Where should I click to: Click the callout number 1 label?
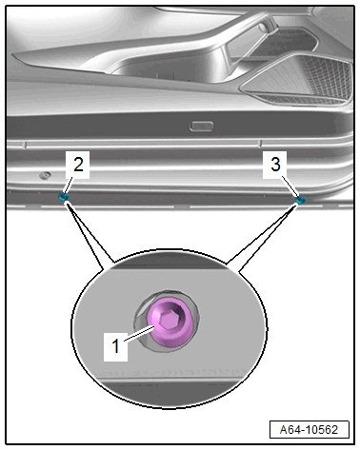(x=115, y=345)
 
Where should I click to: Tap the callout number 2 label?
(x=78, y=165)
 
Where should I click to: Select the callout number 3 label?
(x=275, y=165)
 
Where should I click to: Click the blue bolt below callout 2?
(x=64, y=197)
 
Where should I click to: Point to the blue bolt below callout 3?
(x=300, y=200)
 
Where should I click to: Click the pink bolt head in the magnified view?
(x=170, y=322)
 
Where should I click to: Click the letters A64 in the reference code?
(x=290, y=430)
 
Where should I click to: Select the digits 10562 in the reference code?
(x=321, y=430)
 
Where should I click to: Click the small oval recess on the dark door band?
(x=201, y=126)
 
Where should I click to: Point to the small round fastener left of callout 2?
(x=46, y=175)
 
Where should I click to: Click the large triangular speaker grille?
(x=297, y=78)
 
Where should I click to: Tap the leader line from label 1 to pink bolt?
(x=139, y=334)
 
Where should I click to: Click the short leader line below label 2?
(x=68, y=186)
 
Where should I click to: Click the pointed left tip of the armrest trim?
(x=12, y=54)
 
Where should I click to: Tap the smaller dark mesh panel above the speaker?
(x=293, y=40)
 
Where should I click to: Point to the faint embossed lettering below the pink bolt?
(x=171, y=372)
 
